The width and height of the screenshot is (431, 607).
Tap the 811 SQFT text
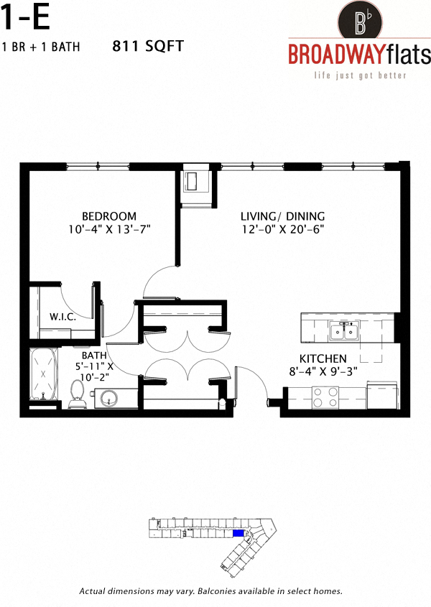149,47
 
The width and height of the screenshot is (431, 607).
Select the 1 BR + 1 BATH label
41,47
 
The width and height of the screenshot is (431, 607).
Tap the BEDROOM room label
108,216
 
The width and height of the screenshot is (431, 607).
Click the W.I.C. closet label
63,316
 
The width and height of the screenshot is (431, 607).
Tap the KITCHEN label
323,358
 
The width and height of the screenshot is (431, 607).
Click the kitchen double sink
345,331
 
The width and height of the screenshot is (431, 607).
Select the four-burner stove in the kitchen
325,397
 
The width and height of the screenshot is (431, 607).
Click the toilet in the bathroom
78,394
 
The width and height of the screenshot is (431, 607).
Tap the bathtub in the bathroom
45,375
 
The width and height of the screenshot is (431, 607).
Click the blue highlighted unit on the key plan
238,533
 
